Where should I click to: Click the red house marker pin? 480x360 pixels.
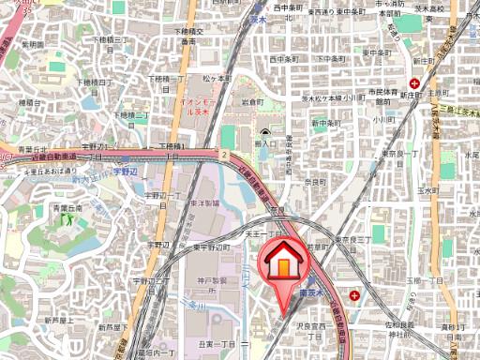[282, 265]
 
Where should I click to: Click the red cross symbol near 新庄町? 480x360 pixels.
[414, 83]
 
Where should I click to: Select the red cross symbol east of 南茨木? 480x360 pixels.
[354, 295]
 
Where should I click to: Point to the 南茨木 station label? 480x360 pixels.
[312, 293]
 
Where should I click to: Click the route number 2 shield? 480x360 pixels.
[226, 153]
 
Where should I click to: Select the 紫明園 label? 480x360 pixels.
[33, 44]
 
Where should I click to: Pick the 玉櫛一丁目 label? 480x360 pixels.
[422, 279]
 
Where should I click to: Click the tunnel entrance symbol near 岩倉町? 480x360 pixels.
[266, 133]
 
